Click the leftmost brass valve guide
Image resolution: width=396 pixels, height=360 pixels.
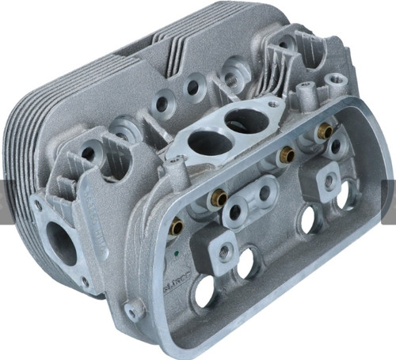(177, 227)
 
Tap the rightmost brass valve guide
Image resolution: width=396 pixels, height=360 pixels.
(323, 130)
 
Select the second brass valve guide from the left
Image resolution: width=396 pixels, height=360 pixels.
(219, 198)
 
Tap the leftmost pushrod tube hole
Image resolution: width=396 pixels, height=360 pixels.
(204, 292)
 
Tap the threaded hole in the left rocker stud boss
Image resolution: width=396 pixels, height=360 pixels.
(226, 252)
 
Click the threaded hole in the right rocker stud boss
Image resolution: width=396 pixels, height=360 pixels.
(326, 181)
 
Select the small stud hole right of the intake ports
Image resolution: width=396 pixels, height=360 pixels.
(273, 104)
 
